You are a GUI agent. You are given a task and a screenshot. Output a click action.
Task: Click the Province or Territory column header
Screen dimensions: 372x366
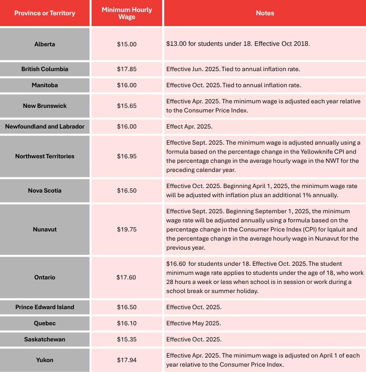pyautogui.click(x=45, y=13)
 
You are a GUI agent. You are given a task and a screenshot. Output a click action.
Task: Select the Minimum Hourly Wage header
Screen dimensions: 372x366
pyautogui.click(x=127, y=13)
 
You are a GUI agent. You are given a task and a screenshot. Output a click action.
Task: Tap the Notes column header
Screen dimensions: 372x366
pyautogui.click(x=265, y=13)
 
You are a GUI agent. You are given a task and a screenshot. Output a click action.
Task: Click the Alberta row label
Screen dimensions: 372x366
pyautogui.click(x=45, y=44)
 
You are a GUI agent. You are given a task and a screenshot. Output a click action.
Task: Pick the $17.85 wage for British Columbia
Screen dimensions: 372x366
pyautogui.click(x=127, y=69)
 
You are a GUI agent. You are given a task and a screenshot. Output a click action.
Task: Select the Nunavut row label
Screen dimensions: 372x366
pyautogui.click(x=45, y=229)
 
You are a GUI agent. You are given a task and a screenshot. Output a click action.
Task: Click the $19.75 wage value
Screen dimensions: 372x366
pyautogui.click(x=127, y=229)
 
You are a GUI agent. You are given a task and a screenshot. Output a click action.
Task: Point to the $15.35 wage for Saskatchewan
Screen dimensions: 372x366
pyautogui.click(x=127, y=339)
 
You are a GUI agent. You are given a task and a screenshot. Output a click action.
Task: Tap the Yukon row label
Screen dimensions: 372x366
pyautogui.click(x=45, y=360)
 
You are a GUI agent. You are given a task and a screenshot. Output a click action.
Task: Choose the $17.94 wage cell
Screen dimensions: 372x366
pyautogui.click(x=127, y=360)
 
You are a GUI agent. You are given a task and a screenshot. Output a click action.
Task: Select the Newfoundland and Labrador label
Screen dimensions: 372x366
pyautogui.click(x=45, y=126)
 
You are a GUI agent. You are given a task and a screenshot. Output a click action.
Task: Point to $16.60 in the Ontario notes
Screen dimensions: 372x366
pyautogui.click(x=176, y=264)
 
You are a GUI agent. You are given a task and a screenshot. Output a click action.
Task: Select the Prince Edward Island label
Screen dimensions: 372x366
pyautogui.click(x=45, y=307)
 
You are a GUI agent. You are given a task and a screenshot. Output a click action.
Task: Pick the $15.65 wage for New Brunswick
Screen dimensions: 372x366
pyautogui.click(x=127, y=106)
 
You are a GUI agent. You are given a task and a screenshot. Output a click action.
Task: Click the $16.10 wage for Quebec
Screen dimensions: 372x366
pyautogui.click(x=127, y=323)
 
